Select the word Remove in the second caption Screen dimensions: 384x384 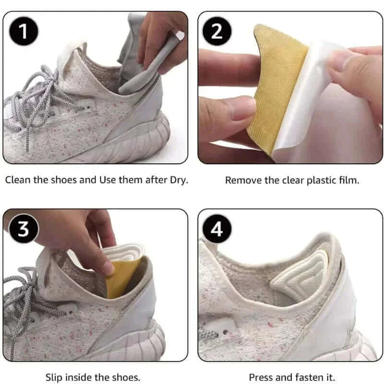[240, 180]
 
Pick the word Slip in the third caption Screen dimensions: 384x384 [54, 377]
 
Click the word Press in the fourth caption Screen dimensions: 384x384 [260, 377]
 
